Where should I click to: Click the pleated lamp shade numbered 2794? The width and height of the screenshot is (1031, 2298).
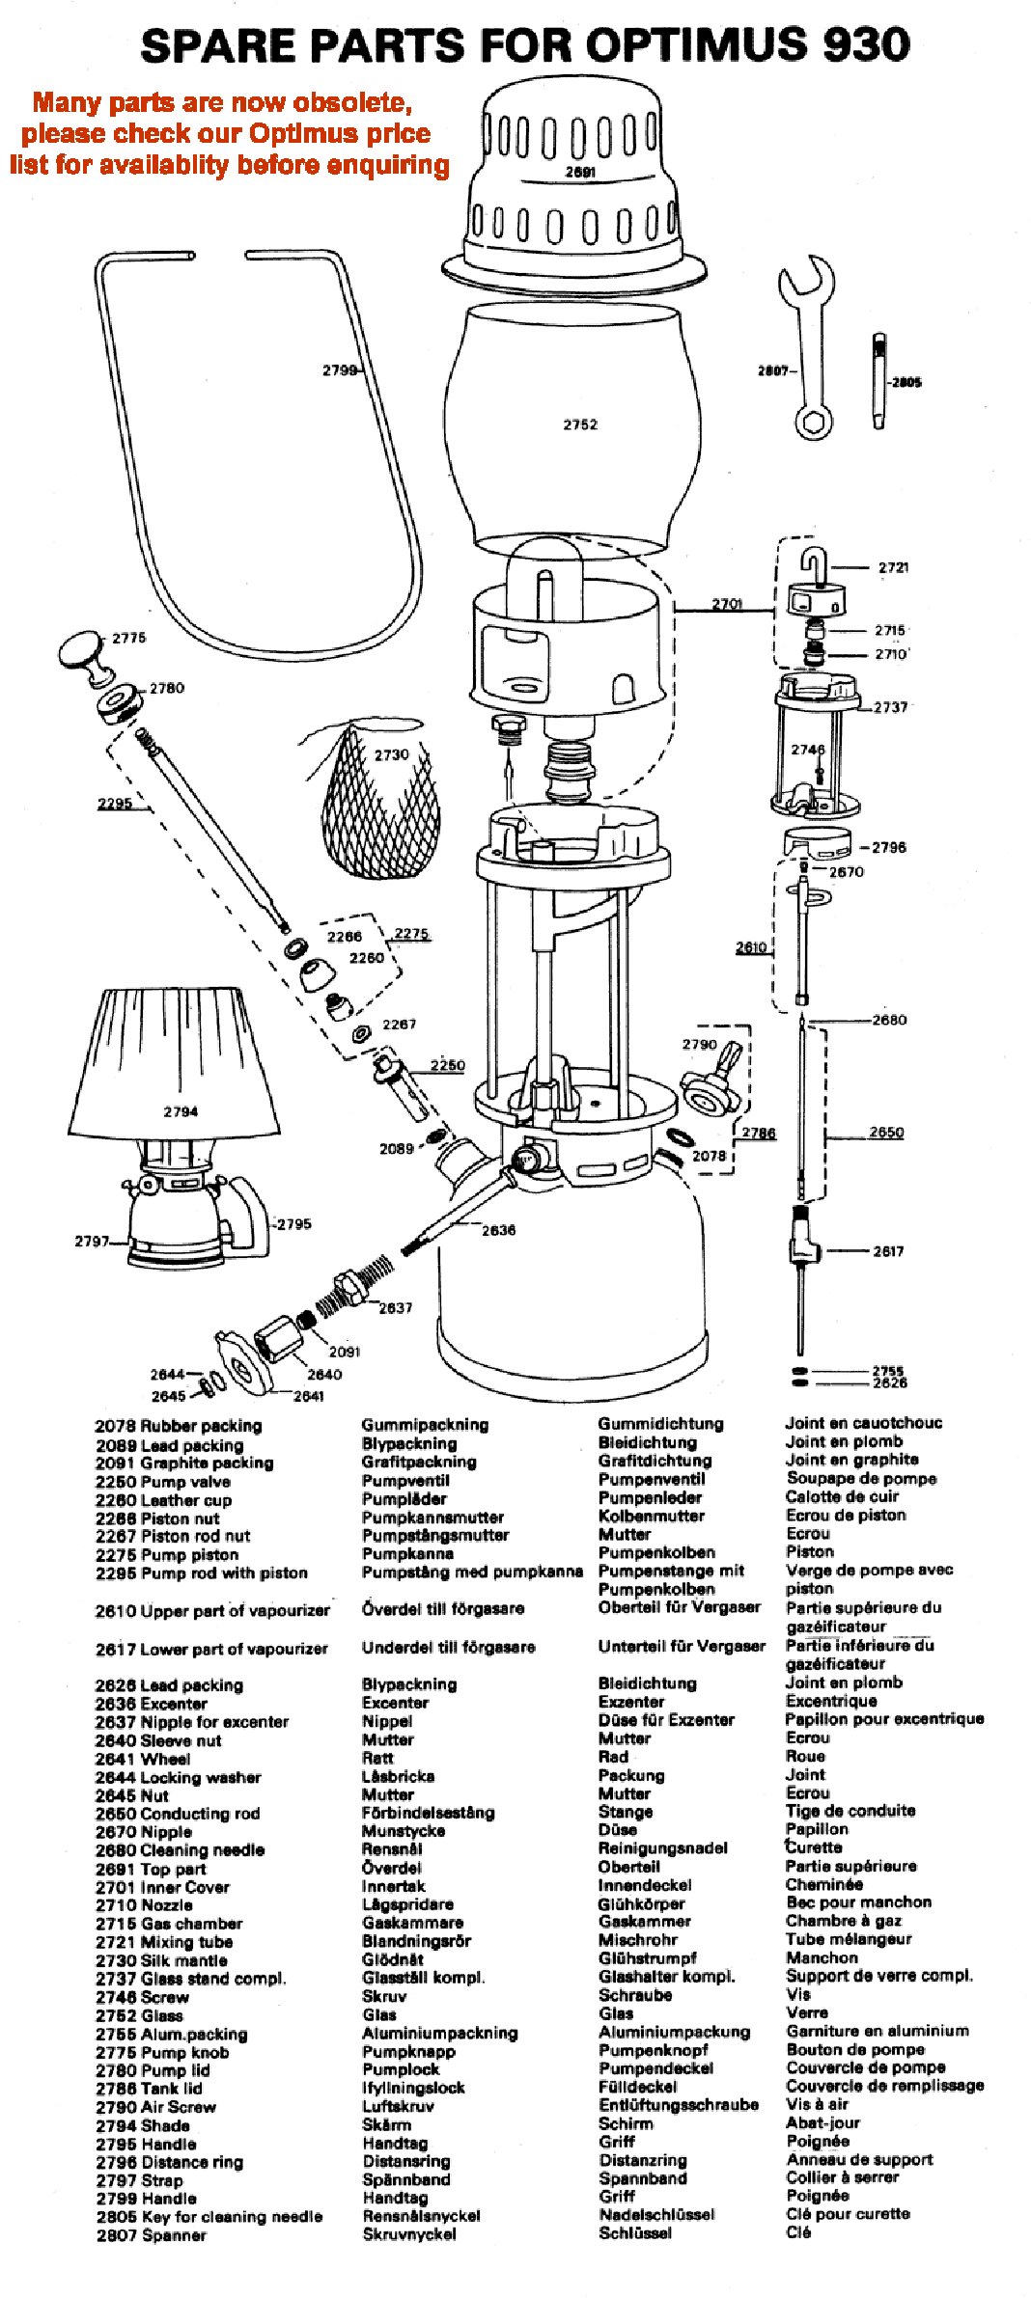(x=174, y=1061)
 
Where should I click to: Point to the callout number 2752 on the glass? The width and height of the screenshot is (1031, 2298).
(x=580, y=424)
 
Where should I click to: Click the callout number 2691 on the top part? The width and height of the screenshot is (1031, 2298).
(x=580, y=173)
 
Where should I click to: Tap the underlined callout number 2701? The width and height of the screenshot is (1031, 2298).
(x=727, y=604)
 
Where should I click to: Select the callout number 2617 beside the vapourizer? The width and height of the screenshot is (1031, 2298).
(x=888, y=1251)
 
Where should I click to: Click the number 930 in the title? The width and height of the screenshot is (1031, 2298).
(x=853, y=45)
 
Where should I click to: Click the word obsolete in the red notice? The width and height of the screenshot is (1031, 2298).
(x=352, y=102)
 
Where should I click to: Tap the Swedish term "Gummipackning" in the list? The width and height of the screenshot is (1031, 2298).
(x=425, y=1425)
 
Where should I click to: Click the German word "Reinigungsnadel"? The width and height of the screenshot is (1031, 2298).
(x=662, y=1848)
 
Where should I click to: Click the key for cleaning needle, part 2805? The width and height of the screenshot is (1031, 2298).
(x=878, y=382)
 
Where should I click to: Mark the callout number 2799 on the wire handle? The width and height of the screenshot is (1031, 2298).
(x=339, y=369)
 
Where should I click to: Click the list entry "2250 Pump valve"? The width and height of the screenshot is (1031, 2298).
(x=163, y=1482)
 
